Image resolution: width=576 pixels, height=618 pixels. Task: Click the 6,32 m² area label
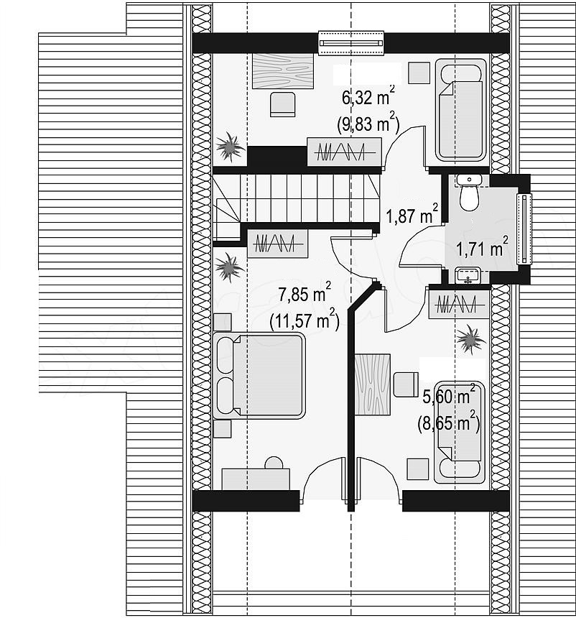[368, 96]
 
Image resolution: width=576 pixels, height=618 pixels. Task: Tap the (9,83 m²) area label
[368, 124]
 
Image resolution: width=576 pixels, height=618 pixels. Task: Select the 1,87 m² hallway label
[412, 215]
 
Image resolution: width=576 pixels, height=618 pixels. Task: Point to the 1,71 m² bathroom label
[482, 248]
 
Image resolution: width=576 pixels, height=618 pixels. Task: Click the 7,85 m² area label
[305, 293]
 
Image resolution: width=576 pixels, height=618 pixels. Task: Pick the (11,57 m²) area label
[305, 320]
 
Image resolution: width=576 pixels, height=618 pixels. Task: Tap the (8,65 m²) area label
[449, 424]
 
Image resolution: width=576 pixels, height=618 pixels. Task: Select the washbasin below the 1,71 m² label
[468, 275]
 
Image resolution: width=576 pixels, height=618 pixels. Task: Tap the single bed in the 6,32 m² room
[461, 110]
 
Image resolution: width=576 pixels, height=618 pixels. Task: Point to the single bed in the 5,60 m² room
[460, 432]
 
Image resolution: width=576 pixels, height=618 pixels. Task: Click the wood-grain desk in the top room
[283, 70]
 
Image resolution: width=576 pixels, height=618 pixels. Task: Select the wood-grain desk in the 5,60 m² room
[373, 384]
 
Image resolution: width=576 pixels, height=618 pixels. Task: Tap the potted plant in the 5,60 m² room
[470, 339]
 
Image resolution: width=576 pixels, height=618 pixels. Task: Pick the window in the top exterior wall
[350, 43]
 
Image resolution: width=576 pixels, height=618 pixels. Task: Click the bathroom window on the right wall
[524, 229]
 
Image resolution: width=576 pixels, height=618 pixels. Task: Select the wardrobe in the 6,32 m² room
[344, 152]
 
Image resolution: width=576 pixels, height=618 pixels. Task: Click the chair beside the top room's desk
[283, 104]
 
